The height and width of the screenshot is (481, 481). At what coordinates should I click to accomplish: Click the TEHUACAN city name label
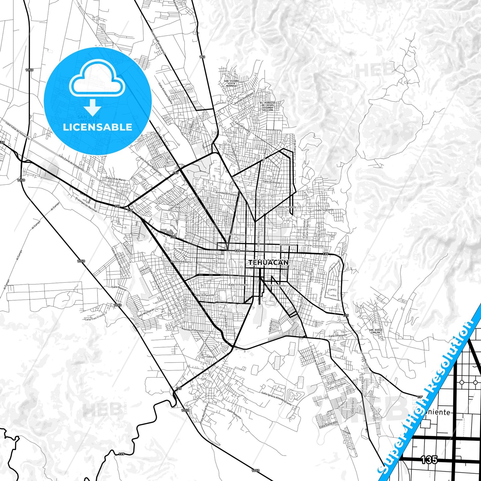pos(268,263)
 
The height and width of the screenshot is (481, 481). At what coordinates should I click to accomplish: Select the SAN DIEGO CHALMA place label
pos(375,331)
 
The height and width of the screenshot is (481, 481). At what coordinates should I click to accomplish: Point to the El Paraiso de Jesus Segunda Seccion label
pos(268,106)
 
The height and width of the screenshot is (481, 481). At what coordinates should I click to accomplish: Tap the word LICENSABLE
pos(98,127)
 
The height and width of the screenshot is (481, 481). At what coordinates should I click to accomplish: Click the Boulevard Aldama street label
pos(181,262)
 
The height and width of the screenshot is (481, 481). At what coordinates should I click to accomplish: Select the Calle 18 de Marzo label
pos(116,179)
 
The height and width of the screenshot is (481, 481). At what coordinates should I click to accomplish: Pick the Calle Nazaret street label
pos(119,288)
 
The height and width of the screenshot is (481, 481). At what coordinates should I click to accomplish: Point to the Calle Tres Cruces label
pos(95,318)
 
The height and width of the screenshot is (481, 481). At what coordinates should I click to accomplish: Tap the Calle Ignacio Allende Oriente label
pos(276,398)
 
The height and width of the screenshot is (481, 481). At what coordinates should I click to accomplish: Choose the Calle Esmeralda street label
pos(328,424)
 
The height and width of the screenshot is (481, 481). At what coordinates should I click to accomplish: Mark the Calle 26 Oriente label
pos(271,182)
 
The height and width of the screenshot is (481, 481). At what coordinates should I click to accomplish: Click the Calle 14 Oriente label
pos(324,210)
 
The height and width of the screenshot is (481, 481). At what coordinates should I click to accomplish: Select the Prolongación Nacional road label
pos(86,205)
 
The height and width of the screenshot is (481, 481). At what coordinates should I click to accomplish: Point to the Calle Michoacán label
pos(146,312)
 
